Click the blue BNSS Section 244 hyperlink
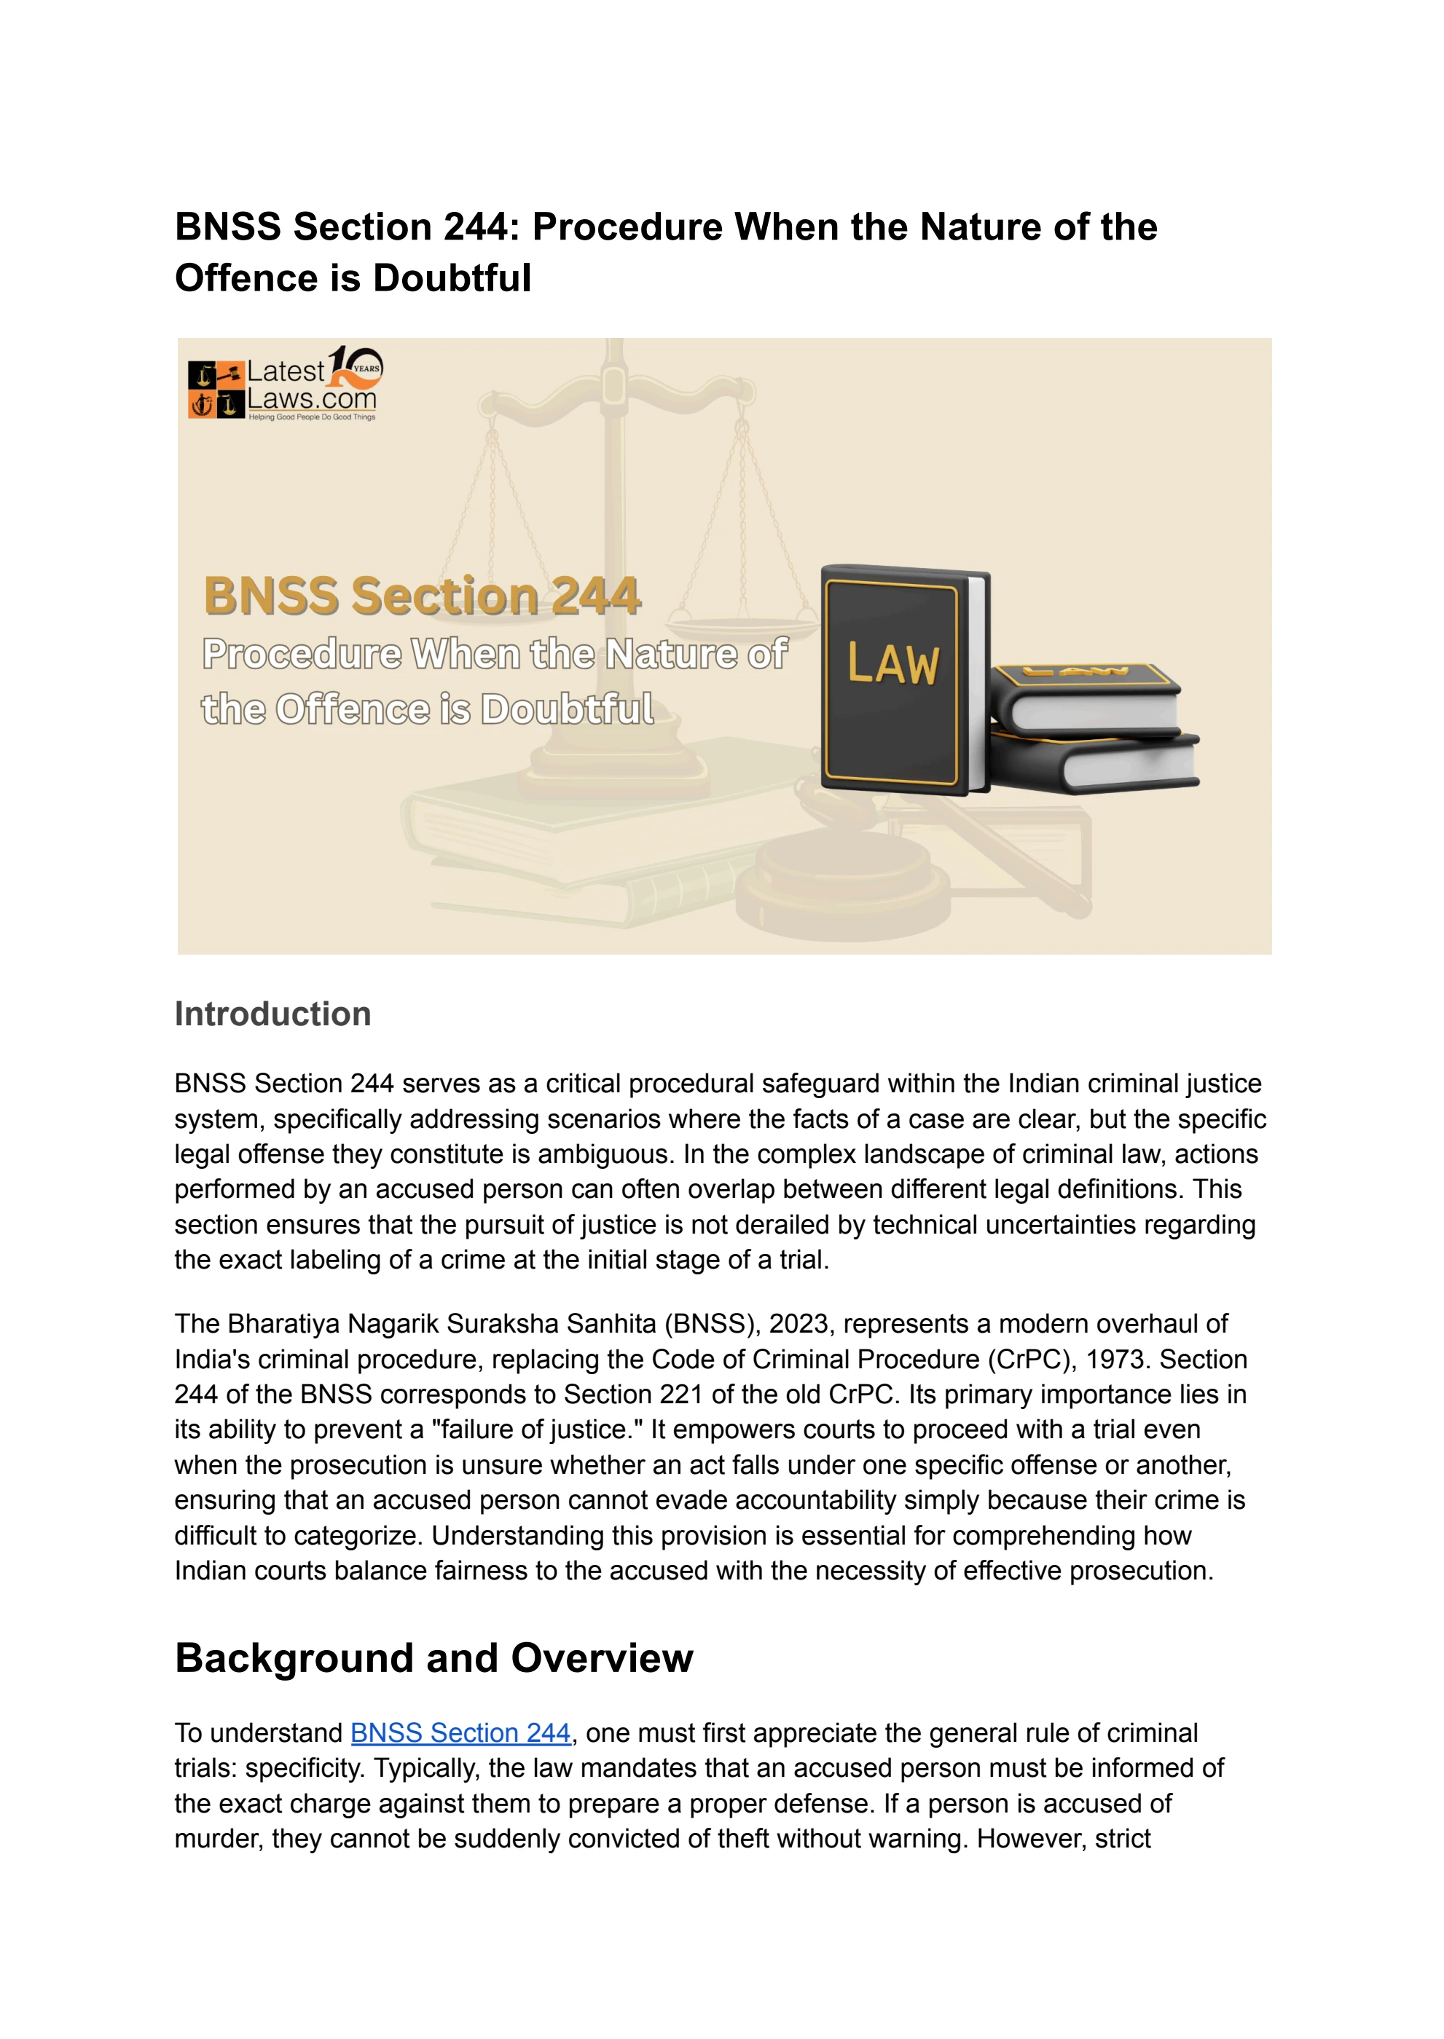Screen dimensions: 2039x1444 tap(460, 1732)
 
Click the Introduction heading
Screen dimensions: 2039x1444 tap(272, 1014)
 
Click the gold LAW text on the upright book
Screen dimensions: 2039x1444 tap(892, 664)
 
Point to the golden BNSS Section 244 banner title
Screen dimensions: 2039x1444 tap(421, 596)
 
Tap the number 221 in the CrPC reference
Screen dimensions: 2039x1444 tap(681, 1394)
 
